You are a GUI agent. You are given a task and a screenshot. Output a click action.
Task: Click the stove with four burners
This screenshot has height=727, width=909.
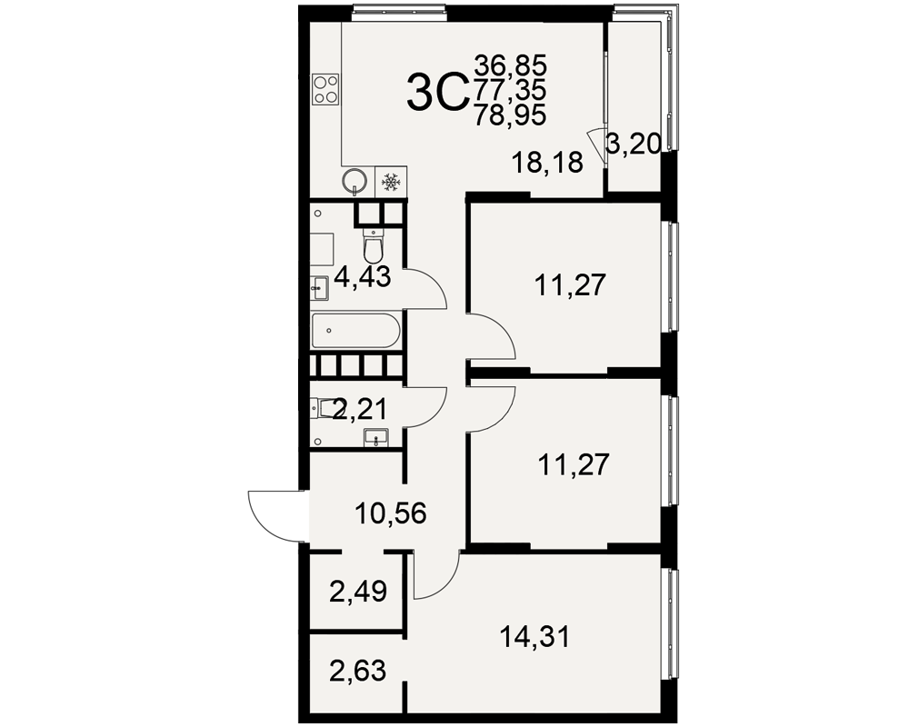(325, 90)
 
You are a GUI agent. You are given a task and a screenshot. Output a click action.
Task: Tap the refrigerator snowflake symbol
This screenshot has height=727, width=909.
(391, 182)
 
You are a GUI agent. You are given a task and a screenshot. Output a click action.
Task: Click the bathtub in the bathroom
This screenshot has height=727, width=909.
(355, 331)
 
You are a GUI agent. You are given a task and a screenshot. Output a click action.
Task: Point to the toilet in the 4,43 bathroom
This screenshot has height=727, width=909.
(373, 245)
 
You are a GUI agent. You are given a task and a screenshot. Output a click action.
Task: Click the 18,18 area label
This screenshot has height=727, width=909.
(546, 163)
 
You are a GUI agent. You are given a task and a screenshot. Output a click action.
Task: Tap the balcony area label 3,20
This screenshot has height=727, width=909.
(633, 144)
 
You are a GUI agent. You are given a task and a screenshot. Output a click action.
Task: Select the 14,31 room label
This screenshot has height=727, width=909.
(535, 636)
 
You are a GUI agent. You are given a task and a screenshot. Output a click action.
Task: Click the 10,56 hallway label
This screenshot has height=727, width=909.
(391, 513)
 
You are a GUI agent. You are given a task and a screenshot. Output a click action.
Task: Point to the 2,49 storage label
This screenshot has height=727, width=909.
(357, 592)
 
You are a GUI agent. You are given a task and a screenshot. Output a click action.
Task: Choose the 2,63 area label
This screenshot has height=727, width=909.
(357, 671)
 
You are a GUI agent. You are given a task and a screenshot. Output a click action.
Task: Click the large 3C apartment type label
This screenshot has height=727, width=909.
(437, 93)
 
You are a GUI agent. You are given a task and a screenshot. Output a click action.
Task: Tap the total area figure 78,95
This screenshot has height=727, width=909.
(510, 115)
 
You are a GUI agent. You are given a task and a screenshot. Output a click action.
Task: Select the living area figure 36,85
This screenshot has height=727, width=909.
(510, 65)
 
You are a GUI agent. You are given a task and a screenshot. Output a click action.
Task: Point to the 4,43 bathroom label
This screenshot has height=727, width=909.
(363, 278)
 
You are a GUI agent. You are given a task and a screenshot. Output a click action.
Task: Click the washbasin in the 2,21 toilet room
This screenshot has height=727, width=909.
(377, 437)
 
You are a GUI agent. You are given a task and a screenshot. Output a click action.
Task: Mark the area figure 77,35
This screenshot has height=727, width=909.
(510, 90)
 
